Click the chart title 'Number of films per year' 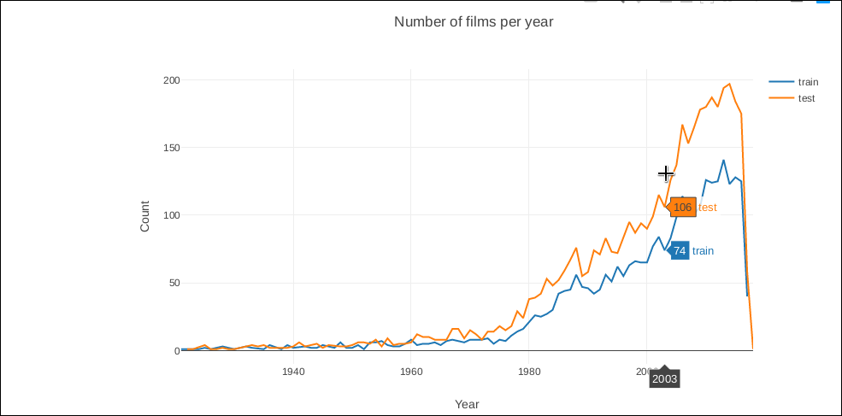tap(474, 21)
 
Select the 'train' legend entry tap(808, 82)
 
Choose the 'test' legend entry tap(806, 98)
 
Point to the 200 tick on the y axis tap(171, 80)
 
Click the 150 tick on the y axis tap(171, 148)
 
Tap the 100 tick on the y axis tap(171, 215)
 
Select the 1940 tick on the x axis tap(293, 372)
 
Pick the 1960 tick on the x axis tap(411, 372)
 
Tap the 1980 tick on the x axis tap(529, 372)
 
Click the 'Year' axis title tap(467, 404)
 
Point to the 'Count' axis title tap(144, 216)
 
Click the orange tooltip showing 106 tap(682, 208)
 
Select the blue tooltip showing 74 tap(680, 251)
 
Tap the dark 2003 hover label tap(664, 378)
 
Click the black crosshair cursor tap(666, 173)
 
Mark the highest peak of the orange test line tap(729, 84)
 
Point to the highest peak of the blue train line tap(723, 160)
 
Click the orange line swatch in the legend tap(781, 98)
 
